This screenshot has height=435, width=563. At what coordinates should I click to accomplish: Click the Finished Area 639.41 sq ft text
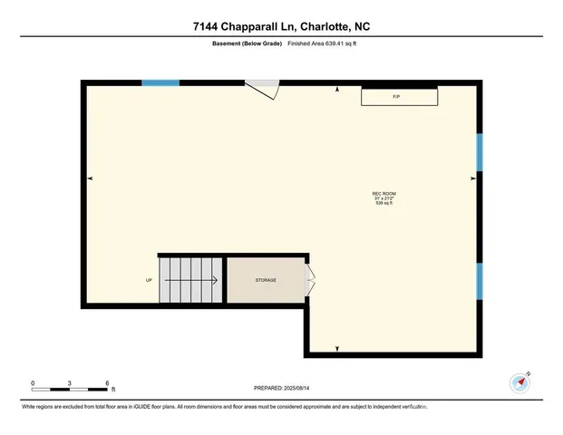pos(324,43)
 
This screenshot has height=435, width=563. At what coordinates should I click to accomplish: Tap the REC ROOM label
pos(384,194)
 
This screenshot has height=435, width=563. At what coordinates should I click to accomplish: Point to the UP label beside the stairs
pos(149,281)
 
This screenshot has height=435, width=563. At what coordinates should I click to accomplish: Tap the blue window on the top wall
pos(160,83)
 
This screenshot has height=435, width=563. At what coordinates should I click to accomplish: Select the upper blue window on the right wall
pos(480,151)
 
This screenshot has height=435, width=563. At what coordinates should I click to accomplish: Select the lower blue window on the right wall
pos(480,281)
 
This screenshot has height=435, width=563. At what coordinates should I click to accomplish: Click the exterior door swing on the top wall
pos(266,89)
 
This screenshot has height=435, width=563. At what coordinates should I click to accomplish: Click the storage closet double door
pos(311,281)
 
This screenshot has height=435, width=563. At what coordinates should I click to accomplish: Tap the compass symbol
pos(520,382)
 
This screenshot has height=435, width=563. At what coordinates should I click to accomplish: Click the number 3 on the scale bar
pos(71,383)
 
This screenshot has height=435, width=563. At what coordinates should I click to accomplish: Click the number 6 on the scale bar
pos(107,383)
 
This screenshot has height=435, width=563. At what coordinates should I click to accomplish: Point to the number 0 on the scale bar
pos(33,383)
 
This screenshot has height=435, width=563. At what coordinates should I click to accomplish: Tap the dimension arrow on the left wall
pos(90,179)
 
